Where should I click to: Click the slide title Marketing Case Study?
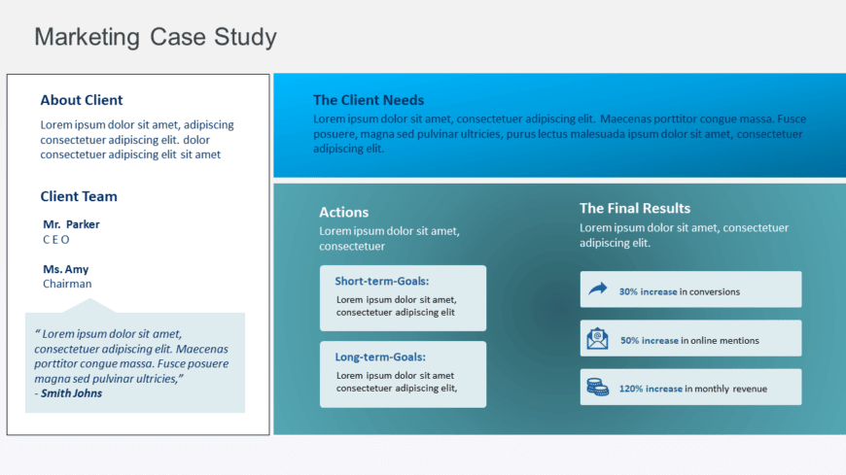point(156,37)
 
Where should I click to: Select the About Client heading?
point(82,100)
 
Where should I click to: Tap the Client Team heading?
point(79,196)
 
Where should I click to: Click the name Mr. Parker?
point(71,224)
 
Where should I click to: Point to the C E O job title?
point(56,239)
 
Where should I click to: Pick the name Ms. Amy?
point(65,269)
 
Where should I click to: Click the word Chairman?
point(67,284)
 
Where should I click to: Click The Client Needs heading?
point(369,100)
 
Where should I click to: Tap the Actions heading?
point(344,212)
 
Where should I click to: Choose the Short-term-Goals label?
point(382,281)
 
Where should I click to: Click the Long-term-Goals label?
point(381,356)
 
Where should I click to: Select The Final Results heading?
point(635,208)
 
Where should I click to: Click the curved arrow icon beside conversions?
point(597,289)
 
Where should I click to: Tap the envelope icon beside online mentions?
point(597,339)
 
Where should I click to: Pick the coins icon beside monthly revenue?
point(597,388)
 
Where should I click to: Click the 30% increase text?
point(648,291)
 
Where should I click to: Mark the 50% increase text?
point(649,341)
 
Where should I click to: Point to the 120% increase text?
point(651,389)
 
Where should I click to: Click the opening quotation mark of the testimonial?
point(37,334)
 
